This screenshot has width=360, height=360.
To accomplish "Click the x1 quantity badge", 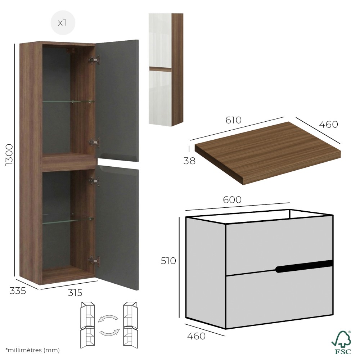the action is (x=63, y=23).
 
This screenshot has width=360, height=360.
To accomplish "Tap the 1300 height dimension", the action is (x=10, y=155).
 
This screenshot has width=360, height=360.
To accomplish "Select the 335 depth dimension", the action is (x=18, y=291).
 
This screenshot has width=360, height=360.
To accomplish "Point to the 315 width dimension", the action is (x=75, y=293).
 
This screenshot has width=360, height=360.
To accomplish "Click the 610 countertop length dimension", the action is (x=233, y=120).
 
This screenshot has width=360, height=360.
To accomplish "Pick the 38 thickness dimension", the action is (x=189, y=161).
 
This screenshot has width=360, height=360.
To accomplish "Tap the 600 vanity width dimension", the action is (x=232, y=200).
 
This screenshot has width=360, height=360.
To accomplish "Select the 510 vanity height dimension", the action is (x=168, y=261).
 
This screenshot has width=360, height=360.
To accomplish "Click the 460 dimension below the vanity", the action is (x=196, y=336).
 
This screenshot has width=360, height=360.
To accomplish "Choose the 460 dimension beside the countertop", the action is (x=329, y=125).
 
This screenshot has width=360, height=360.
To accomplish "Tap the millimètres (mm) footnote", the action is (x=33, y=350).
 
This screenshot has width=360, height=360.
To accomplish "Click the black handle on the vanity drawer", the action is (x=304, y=266).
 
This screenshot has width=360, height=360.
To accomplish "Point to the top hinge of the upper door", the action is (x=94, y=59).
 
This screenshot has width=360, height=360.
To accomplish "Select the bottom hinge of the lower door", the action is (x=94, y=261).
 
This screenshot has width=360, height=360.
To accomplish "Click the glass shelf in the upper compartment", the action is (x=68, y=102).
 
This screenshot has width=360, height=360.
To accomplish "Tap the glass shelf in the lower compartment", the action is (x=68, y=220).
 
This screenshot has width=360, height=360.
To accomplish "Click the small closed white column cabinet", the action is (x=166, y=69).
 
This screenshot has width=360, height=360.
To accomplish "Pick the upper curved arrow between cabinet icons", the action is (x=108, y=319).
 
